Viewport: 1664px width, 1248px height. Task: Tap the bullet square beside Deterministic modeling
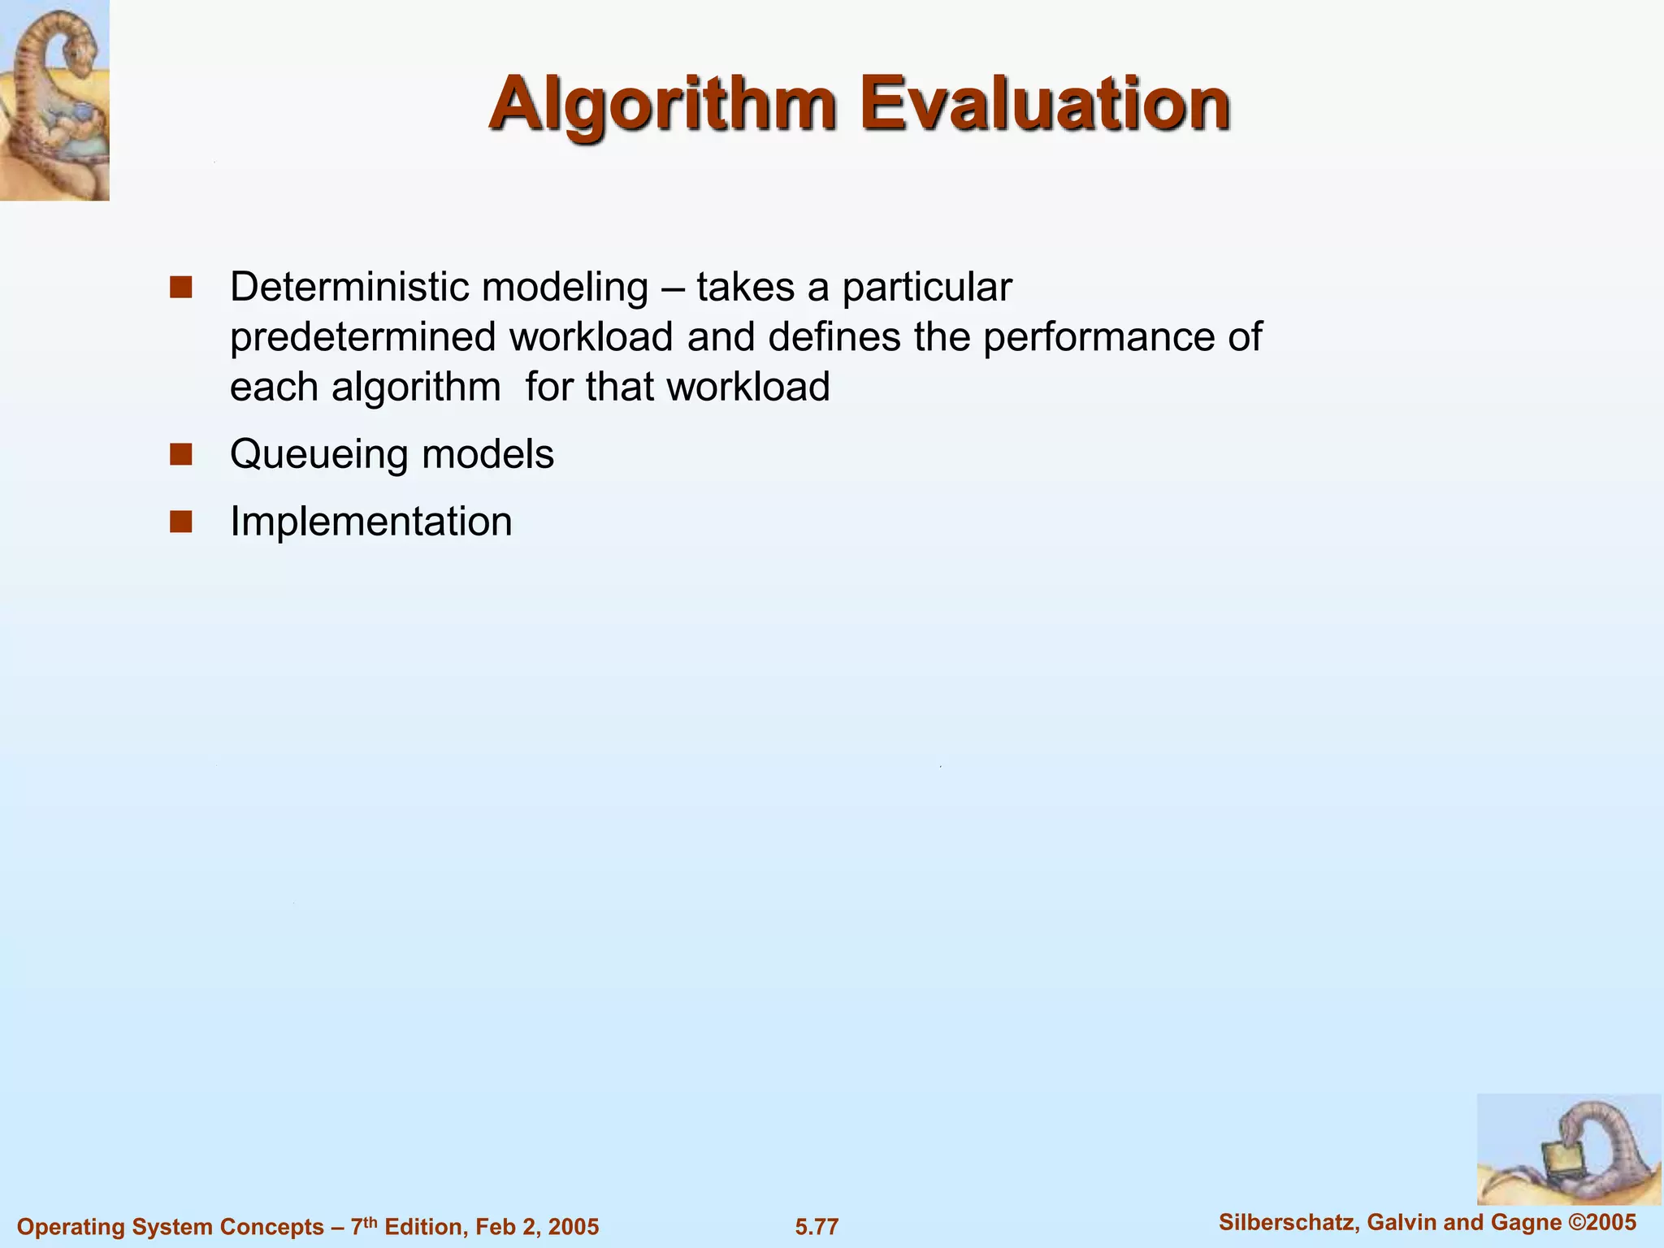(x=180, y=288)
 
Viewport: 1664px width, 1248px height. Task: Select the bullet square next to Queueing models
(x=180, y=454)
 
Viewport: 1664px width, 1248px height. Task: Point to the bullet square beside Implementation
(x=180, y=522)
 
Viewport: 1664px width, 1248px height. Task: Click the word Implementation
(x=371, y=522)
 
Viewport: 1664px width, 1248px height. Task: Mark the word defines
(x=834, y=337)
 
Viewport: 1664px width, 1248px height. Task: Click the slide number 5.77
(x=817, y=1227)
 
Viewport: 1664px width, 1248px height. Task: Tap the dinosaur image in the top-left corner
(x=54, y=100)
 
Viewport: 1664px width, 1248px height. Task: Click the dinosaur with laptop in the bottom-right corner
(x=1568, y=1150)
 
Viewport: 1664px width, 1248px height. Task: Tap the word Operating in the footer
(x=68, y=1227)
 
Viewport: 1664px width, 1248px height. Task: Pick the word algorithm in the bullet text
(x=416, y=388)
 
